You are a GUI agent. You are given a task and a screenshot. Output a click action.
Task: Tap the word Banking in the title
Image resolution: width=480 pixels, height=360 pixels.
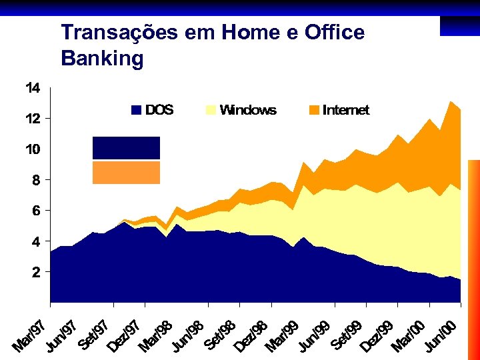pyautogui.click(x=102, y=59)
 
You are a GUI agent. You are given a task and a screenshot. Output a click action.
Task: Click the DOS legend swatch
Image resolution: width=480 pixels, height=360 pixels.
pyautogui.click(x=137, y=110)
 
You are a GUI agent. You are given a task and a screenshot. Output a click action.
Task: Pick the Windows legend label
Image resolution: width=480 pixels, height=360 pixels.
pyautogui.click(x=247, y=110)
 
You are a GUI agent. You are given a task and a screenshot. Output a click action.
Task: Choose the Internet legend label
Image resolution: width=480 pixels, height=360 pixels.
pyautogui.click(x=345, y=110)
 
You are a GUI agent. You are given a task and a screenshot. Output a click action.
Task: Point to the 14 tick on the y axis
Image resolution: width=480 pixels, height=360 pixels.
pyautogui.click(x=33, y=88)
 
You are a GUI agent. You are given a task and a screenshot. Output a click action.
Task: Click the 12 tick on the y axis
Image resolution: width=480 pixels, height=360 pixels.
pyautogui.click(x=33, y=119)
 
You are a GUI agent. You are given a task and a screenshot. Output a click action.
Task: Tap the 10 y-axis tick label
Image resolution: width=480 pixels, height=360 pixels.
pyautogui.click(x=33, y=149)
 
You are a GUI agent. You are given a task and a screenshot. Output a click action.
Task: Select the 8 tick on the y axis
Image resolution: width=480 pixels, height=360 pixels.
pyautogui.click(x=36, y=180)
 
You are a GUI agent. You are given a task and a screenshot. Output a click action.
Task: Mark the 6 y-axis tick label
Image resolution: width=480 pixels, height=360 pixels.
pyautogui.click(x=36, y=211)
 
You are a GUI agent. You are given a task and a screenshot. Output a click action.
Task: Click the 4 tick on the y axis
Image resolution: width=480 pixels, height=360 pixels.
pyautogui.click(x=36, y=241)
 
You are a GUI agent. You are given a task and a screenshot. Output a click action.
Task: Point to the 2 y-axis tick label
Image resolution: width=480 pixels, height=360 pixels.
pyautogui.click(x=36, y=272)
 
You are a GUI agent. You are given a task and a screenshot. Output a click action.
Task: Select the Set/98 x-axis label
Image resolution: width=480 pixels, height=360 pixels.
pyautogui.click(x=221, y=335)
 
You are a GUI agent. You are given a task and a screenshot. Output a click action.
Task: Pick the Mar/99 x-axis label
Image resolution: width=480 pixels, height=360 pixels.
pyautogui.click(x=282, y=335)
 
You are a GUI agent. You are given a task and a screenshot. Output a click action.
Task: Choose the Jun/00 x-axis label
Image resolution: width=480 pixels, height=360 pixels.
pyautogui.click(x=441, y=335)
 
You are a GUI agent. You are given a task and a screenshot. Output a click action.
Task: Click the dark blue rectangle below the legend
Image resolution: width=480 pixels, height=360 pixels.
pyautogui.click(x=126, y=148)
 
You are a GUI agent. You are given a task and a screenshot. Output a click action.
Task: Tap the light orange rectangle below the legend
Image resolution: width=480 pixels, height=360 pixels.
pyautogui.click(x=126, y=173)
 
